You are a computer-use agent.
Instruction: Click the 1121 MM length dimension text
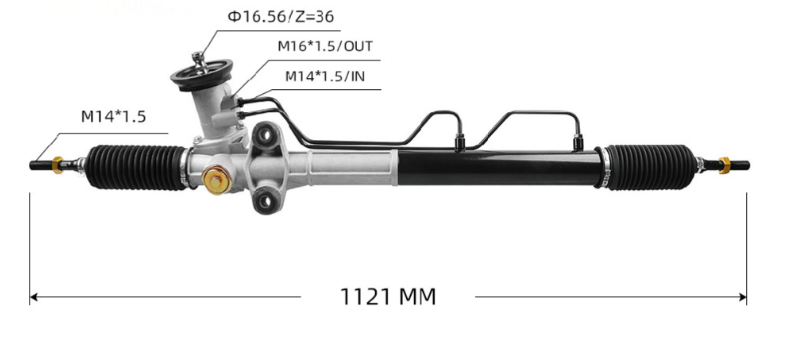coord(388,297)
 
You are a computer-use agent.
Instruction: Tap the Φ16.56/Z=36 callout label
coord(280,17)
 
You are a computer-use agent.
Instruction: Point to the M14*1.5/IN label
coord(323,76)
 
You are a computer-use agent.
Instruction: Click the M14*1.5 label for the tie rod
coord(113,116)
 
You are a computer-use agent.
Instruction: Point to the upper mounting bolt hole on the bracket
coord(268,131)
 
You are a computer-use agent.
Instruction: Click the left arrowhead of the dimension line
coord(35,297)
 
